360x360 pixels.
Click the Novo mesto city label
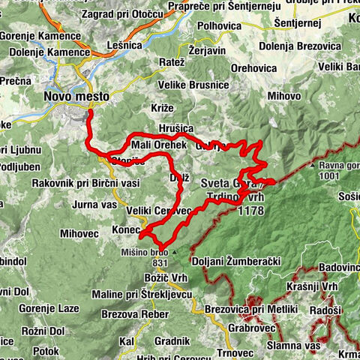coord(76,97)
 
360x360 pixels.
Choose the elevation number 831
coord(160,263)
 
